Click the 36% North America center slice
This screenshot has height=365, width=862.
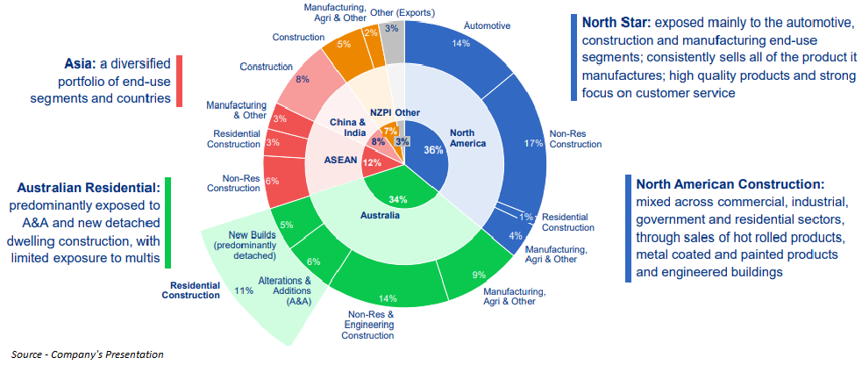[x=432, y=149]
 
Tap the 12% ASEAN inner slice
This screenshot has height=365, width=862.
[x=372, y=163]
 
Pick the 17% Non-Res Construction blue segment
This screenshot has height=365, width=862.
[x=528, y=144]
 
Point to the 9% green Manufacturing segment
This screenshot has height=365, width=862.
[x=478, y=275]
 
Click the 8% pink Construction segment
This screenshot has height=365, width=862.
[x=303, y=80]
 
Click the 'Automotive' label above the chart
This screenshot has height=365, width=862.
[x=488, y=25]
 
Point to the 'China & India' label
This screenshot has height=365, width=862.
[x=349, y=127]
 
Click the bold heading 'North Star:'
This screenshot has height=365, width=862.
[x=614, y=22]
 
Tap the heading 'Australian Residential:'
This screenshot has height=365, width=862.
[x=89, y=188]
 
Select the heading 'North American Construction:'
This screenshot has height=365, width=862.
[x=730, y=184]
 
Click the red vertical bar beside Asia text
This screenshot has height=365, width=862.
[x=179, y=81]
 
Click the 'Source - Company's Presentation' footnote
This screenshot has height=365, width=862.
[x=87, y=354]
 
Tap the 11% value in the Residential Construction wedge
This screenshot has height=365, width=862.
[x=245, y=290]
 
